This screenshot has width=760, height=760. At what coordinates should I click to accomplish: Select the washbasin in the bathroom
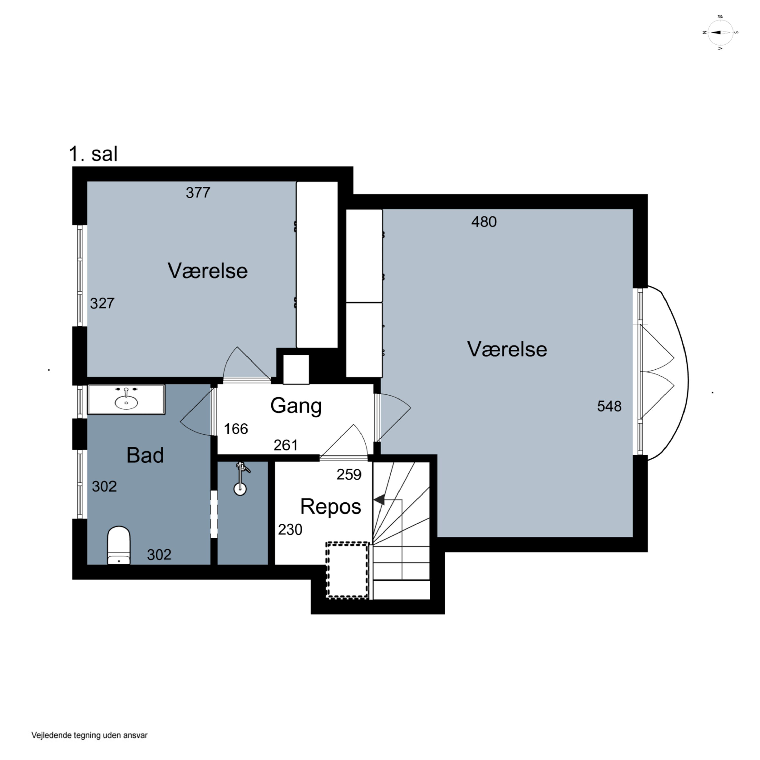click(126, 400)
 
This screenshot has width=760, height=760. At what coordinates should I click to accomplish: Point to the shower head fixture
click(240, 478)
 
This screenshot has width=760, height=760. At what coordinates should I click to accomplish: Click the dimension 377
click(198, 193)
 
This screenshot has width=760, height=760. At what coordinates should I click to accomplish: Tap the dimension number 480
click(484, 222)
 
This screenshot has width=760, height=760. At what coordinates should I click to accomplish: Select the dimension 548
click(609, 406)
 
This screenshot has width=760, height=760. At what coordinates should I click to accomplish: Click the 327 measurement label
click(102, 303)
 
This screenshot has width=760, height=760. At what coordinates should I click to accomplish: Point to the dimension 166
click(236, 429)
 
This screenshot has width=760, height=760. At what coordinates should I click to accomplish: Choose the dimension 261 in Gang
click(286, 445)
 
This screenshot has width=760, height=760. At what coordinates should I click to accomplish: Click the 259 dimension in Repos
click(349, 475)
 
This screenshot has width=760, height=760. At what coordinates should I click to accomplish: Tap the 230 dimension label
click(290, 530)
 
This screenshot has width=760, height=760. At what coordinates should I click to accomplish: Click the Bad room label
click(145, 455)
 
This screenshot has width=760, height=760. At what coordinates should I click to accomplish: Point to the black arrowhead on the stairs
click(379, 500)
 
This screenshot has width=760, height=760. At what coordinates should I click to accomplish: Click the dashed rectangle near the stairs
click(347, 571)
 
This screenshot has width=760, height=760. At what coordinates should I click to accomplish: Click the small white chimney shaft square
click(296, 369)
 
